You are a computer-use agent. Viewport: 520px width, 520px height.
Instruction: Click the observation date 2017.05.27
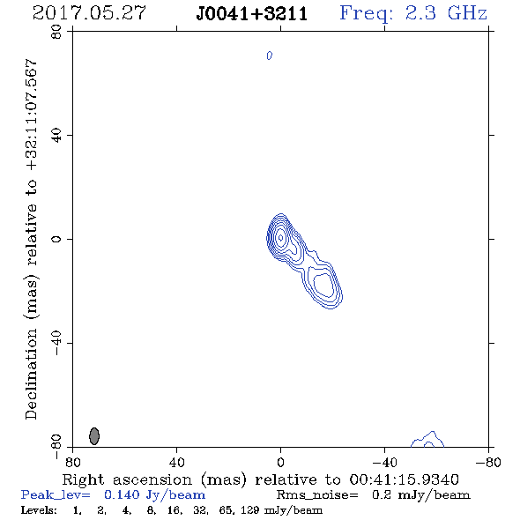[x=89, y=13]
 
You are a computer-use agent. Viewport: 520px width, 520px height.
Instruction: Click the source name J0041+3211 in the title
[x=252, y=14]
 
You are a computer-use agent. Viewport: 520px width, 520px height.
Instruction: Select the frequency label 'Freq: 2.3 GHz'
[x=413, y=13]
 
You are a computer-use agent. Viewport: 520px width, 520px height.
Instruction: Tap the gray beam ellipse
[x=94, y=435]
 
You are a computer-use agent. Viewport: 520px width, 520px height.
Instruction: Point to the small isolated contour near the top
[x=270, y=56]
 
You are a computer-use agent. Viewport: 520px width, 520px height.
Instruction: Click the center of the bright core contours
[x=280, y=237]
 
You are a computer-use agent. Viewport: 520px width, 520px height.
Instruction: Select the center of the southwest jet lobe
[x=323, y=285]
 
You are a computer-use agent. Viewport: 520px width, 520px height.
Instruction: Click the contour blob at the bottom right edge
[x=427, y=440]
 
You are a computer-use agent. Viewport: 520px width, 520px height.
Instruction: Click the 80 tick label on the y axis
[x=56, y=32]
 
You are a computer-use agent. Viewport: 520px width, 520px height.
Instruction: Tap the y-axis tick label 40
[x=56, y=136]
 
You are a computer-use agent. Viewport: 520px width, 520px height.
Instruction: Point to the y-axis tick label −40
[x=56, y=343]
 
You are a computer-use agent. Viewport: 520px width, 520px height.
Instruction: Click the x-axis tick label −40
[x=384, y=462]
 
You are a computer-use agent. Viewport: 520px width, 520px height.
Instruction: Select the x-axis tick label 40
[x=177, y=462]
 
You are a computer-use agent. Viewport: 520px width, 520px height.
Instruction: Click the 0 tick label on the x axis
[x=280, y=462]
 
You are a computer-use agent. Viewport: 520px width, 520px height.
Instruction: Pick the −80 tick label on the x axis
[x=488, y=462]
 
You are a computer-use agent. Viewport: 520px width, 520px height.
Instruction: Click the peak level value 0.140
[x=122, y=494]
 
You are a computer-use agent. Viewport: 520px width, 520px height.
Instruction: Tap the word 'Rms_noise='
[x=317, y=495]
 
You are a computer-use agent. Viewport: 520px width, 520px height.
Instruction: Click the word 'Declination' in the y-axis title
[x=31, y=374]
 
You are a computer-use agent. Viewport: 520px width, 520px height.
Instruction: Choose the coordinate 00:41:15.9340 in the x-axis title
[x=404, y=479]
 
